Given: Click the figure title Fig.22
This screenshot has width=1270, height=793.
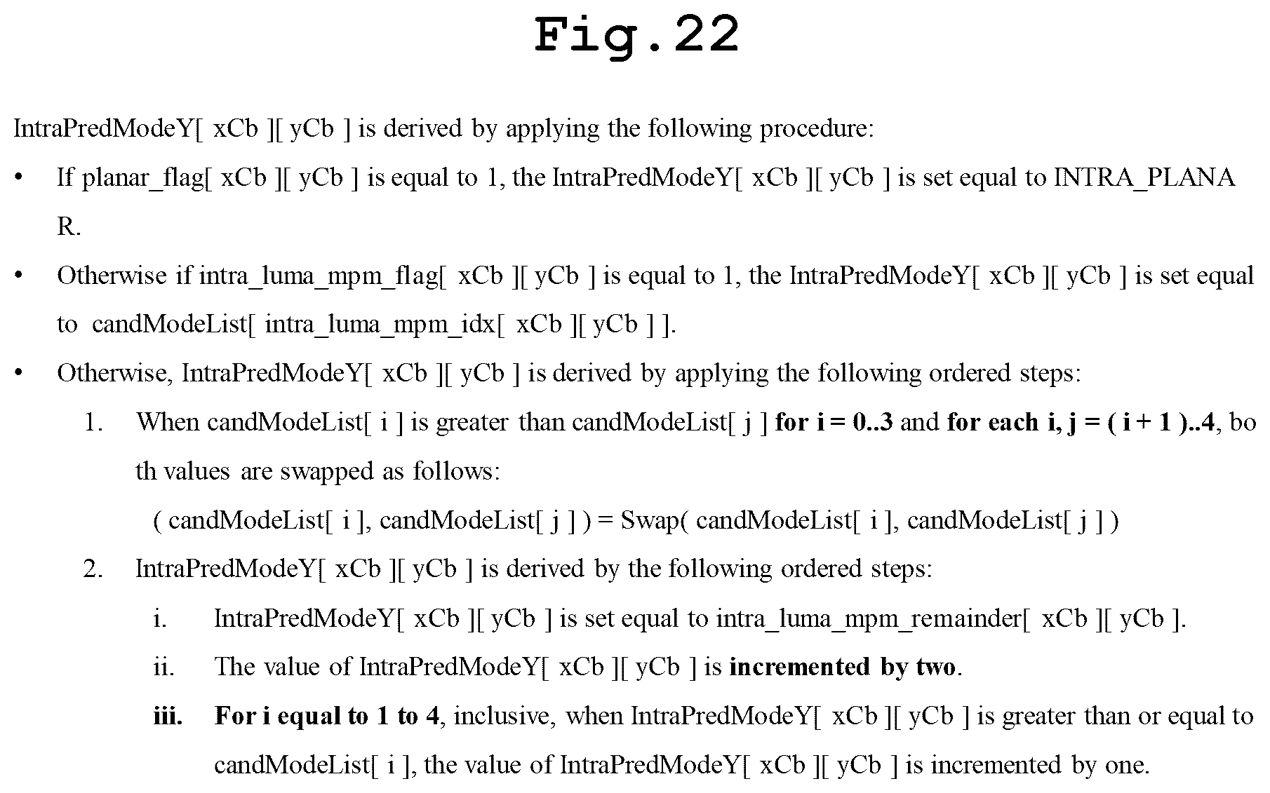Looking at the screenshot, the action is coord(636,35).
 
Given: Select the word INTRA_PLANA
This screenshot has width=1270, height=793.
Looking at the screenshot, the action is coord(1144,179).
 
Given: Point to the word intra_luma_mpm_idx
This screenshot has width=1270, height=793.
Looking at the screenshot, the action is coord(379,325).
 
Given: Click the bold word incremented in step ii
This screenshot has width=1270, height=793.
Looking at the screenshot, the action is coord(799,667).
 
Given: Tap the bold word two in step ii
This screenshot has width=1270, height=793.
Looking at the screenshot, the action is coord(935,667).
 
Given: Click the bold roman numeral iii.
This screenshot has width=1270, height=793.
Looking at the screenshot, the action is coord(168,717).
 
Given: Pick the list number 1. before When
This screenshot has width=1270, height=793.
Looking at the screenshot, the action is coord(94,423).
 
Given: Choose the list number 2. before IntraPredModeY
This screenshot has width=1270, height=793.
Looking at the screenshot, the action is coord(93,569).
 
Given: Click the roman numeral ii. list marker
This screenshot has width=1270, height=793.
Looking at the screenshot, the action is coord(163,667).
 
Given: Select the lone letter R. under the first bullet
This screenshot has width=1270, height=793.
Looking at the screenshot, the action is coord(69,227).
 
